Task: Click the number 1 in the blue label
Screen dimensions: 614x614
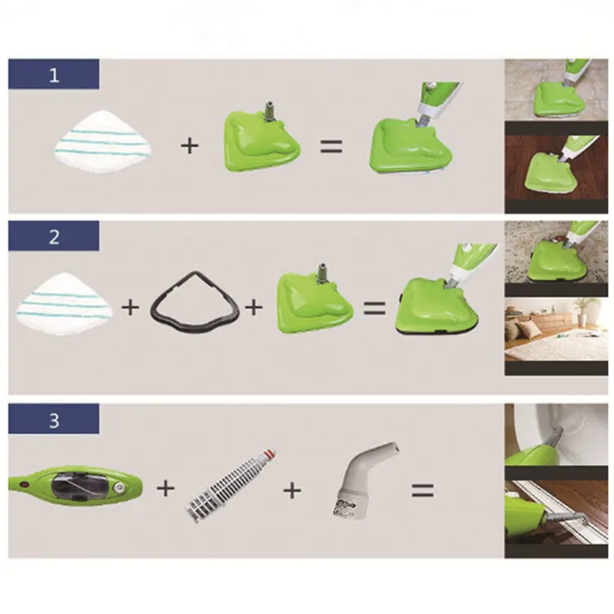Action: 54,74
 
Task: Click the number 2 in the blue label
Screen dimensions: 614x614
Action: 54,237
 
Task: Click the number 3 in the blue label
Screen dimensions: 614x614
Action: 54,420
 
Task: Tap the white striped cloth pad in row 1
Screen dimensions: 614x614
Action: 102,142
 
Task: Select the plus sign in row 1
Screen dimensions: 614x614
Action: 190,146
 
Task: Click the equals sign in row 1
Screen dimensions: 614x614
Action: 332,146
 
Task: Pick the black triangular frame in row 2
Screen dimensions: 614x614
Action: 195,300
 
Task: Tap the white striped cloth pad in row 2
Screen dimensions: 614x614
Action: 64,304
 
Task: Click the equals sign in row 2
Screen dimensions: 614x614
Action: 375,308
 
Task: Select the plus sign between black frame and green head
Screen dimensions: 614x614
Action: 254,307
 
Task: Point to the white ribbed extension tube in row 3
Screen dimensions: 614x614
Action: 230,486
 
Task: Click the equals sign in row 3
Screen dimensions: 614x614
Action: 423,490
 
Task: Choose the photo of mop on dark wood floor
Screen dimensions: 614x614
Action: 556,167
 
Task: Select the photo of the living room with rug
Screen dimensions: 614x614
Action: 556,330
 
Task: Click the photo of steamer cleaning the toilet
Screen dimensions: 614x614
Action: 556,435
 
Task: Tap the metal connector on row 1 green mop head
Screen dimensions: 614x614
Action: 269,109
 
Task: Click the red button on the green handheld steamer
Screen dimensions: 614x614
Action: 26,484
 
